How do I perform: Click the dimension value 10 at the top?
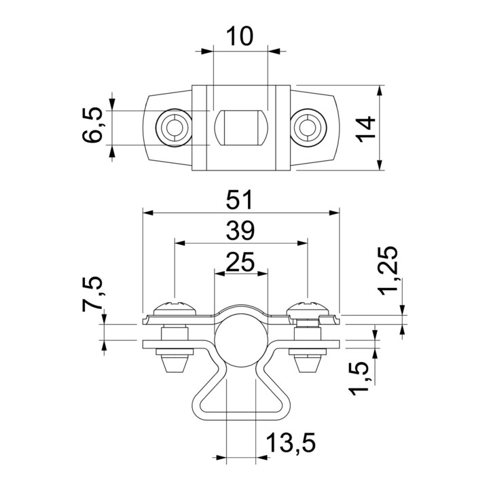coord(240,36)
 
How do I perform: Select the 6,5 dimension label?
coord(92,125)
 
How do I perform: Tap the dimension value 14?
coord(366,129)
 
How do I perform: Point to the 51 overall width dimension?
coord(239,200)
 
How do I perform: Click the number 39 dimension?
coord(240,231)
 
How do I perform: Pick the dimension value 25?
coord(240,262)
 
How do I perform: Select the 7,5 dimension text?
coord(92,294)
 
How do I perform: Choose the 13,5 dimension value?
coord(291,443)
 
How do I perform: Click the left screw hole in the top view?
coord(174,128)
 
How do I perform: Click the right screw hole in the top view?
coord(309,128)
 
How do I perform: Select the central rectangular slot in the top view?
coord(241,128)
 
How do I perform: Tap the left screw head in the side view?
coord(175,309)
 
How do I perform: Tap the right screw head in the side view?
coord(308,309)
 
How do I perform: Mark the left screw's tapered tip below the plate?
coord(175,364)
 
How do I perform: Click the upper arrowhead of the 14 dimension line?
coord(380,91)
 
